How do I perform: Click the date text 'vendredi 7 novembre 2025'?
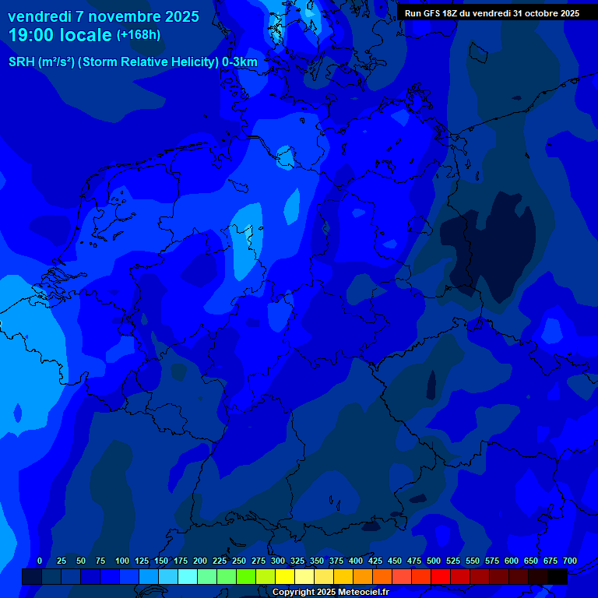(104, 16)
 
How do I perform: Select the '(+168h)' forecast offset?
(139, 35)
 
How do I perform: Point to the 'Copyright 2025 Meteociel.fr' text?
(330, 593)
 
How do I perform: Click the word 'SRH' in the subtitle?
(23, 62)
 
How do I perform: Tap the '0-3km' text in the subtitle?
(240, 62)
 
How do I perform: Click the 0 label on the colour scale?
(40, 561)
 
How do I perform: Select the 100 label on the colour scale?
(122, 561)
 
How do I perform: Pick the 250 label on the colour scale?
(239, 561)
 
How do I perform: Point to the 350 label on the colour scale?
(317, 561)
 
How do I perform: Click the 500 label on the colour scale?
(434, 561)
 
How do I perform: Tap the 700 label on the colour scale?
(570, 561)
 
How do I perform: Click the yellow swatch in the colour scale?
(285, 576)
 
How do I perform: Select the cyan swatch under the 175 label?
(188, 576)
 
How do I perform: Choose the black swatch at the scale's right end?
(558, 576)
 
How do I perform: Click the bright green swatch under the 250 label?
(246, 576)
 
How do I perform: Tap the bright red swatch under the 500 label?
(441, 576)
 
